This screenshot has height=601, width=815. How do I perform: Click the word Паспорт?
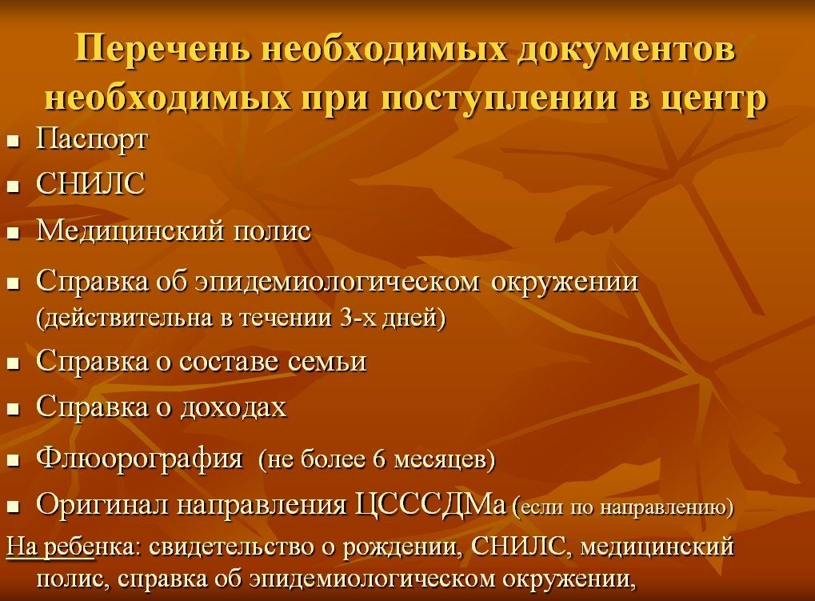[x=92, y=139]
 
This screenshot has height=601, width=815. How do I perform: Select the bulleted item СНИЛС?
[x=90, y=183]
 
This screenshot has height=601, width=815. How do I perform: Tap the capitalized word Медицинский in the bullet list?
[x=130, y=230]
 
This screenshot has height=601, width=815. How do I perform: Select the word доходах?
[x=234, y=407]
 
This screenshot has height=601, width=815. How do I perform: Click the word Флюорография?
[x=139, y=459]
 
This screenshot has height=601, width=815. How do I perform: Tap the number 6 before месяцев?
[x=379, y=459]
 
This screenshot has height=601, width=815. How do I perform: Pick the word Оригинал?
[x=102, y=504]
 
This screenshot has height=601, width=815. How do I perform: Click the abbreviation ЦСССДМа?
[x=429, y=504]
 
